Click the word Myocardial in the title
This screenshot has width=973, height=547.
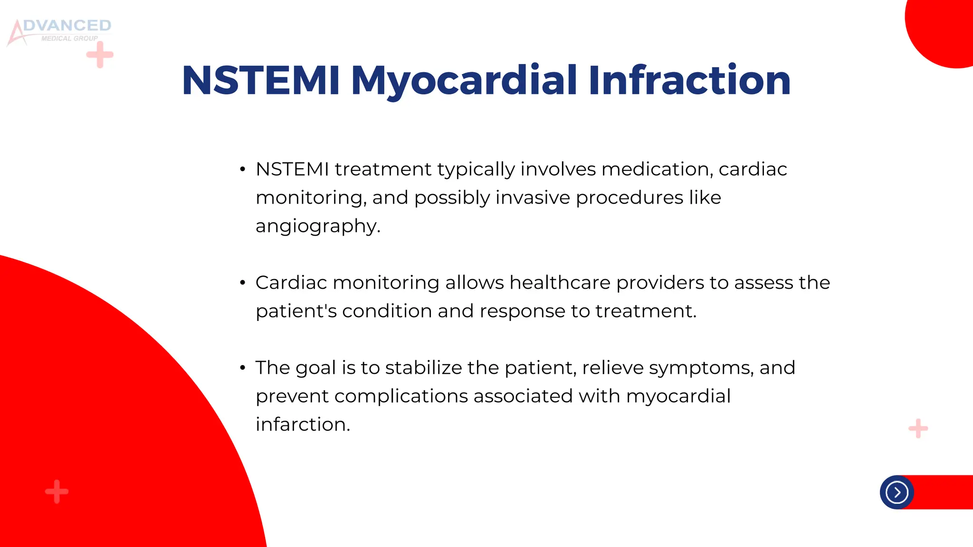pyautogui.click(x=464, y=81)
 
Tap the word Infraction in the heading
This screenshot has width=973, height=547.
pyautogui.click(x=689, y=81)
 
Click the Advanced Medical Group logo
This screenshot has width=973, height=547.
pyautogui.click(x=59, y=31)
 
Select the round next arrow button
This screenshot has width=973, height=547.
pyautogui.click(x=897, y=492)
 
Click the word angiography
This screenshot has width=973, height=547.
pyautogui.click(x=317, y=226)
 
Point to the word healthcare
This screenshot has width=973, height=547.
pyautogui.click(x=560, y=283)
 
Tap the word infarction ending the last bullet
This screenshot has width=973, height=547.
pyautogui.click(x=302, y=424)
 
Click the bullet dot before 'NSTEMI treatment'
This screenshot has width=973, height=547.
pyautogui.click(x=243, y=170)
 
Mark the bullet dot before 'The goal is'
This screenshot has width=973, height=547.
pyautogui.click(x=243, y=368)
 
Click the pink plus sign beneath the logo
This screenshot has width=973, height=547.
pyautogui.click(x=100, y=55)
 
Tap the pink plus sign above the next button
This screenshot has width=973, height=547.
pyautogui.click(x=918, y=429)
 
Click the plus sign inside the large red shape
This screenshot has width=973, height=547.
pyautogui.click(x=57, y=491)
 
